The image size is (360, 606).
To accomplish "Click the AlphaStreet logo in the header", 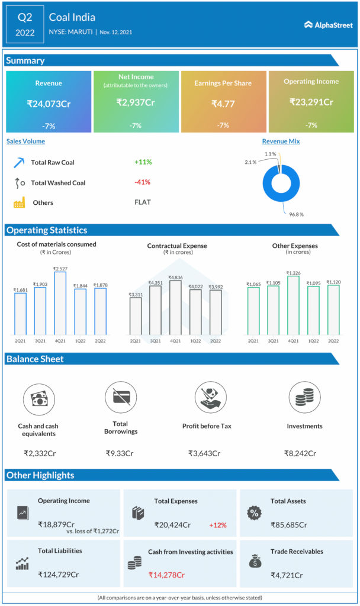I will point(329,25).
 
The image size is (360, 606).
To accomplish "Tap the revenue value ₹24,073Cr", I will point(49,104).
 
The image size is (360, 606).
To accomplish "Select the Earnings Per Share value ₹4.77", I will point(223,104).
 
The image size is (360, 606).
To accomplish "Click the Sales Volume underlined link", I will point(25,141).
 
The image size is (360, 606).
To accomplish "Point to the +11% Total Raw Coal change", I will point(143,162).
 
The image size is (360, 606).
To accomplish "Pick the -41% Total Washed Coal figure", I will point(143,182).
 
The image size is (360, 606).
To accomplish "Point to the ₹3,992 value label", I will point(216,287).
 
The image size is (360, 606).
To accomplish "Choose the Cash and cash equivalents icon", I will point(38,398).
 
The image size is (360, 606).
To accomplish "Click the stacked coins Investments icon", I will point(304,397).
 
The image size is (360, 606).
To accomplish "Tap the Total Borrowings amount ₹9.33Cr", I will point(121,453).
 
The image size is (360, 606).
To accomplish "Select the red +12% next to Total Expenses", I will point(217,525).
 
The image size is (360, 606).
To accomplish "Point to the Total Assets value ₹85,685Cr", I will point(289,524).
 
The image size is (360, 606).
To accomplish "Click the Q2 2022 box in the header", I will point(24,25).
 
